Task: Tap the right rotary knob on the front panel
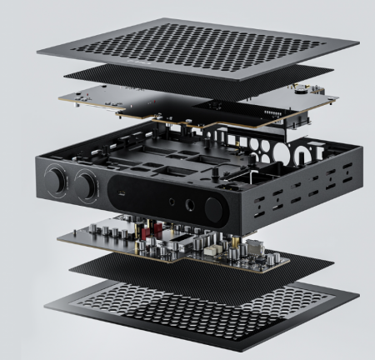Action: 87,182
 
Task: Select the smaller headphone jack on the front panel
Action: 172,201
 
